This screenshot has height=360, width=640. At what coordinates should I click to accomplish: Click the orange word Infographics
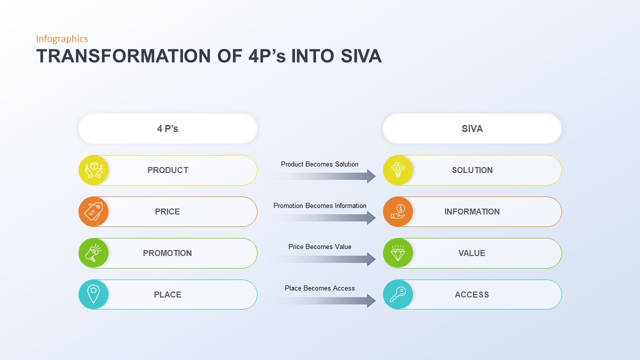(x=62, y=39)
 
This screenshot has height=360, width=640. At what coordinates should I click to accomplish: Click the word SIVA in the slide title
(x=361, y=56)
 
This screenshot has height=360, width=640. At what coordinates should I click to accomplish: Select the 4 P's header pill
(x=167, y=128)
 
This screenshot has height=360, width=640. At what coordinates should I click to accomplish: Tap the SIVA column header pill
(x=472, y=128)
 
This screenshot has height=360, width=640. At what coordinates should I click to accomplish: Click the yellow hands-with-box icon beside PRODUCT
(x=93, y=170)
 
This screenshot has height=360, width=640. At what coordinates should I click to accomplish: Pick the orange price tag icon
(x=93, y=211)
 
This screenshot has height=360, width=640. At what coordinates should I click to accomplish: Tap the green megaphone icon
(x=93, y=253)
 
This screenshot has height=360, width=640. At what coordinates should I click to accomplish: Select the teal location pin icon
(x=93, y=294)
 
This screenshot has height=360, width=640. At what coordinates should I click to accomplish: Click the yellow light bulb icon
(x=398, y=170)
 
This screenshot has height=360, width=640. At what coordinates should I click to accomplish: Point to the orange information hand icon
(x=398, y=211)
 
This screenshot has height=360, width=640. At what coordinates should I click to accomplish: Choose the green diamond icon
(x=398, y=253)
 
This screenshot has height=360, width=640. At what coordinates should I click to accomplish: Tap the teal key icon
(x=398, y=294)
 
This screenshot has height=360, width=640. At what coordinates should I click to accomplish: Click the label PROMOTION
(x=167, y=253)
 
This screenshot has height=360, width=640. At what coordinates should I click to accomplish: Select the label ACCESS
(x=472, y=294)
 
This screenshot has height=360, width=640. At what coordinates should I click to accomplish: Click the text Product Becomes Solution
(x=319, y=164)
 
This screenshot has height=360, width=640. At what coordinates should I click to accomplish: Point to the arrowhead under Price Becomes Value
(x=371, y=259)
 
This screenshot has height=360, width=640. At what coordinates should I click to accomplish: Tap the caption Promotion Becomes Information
(x=319, y=205)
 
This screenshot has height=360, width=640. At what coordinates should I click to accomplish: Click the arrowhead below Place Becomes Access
(x=371, y=300)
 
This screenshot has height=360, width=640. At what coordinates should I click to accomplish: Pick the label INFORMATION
(x=472, y=211)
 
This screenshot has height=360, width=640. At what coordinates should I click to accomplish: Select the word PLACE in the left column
(x=167, y=294)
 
